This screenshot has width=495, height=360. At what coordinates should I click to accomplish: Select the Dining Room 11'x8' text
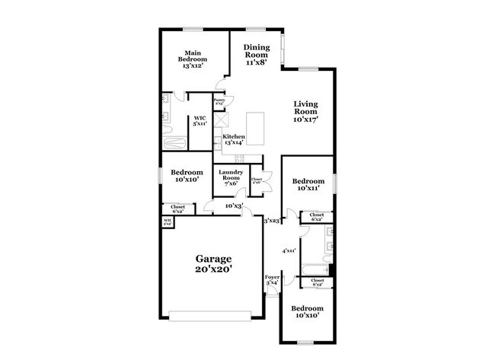pyautogui.click(x=256, y=55)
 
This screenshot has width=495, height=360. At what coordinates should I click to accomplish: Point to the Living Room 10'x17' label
pyautogui.click(x=306, y=111)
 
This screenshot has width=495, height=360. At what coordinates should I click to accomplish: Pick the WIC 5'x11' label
pyautogui.click(x=200, y=120)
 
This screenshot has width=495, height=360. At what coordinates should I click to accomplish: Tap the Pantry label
pyautogui.click(x=219, y=100)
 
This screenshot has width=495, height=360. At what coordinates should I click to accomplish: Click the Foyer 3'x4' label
pyautogui.click(x=271, y=279)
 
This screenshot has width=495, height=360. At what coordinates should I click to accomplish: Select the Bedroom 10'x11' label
pyautogui.click(x=308, y=184)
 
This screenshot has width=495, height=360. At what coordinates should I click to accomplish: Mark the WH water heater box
pyautogui.click(x=167, y=221)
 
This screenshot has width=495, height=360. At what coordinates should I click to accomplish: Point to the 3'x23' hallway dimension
pyautogui.click(x=271, y=221)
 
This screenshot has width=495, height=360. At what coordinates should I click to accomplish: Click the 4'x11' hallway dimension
pyautogui.click(x=289, y=250)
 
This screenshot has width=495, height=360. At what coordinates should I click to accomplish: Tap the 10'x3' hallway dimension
pyautogui.click(x=234, y=205)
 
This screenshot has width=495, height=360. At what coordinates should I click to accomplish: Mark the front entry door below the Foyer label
pyautogui.click(x=271, y=294)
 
